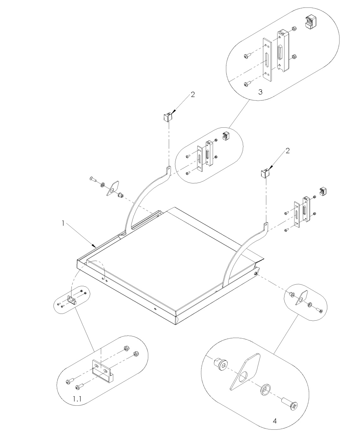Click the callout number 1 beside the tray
click(63, 223)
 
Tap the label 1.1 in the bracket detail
click(77, 399)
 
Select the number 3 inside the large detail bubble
click(260, 92)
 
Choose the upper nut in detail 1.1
click(125, 348)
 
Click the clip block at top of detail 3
click(311, 22)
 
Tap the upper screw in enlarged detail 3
click(247, 56)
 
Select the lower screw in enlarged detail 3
click(247, 84)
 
